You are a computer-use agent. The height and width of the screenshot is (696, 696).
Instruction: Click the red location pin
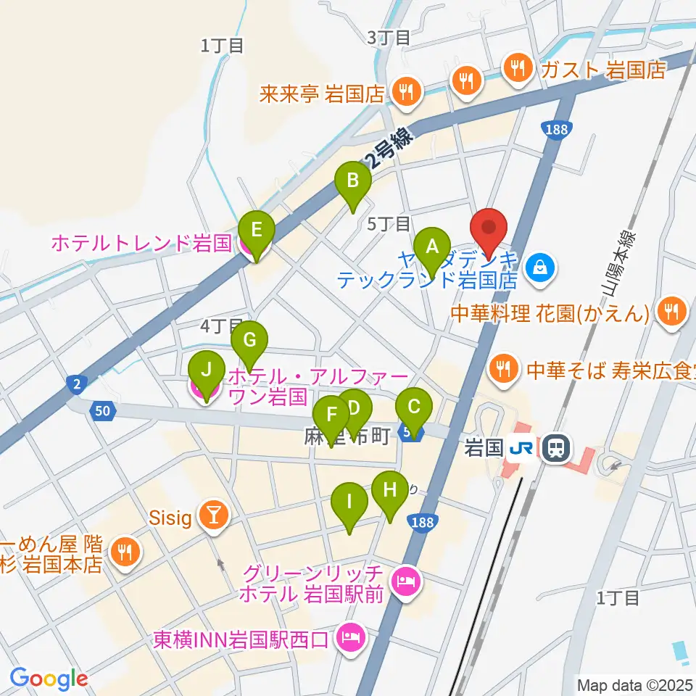[490, 231]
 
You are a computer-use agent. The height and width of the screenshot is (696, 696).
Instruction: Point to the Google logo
[49, 679]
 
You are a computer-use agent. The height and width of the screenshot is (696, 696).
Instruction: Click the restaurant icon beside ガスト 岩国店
[518, 68]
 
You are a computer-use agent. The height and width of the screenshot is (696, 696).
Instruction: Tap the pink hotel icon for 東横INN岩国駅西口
[352, 638]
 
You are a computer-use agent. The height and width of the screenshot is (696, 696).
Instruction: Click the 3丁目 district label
[389, 37]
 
